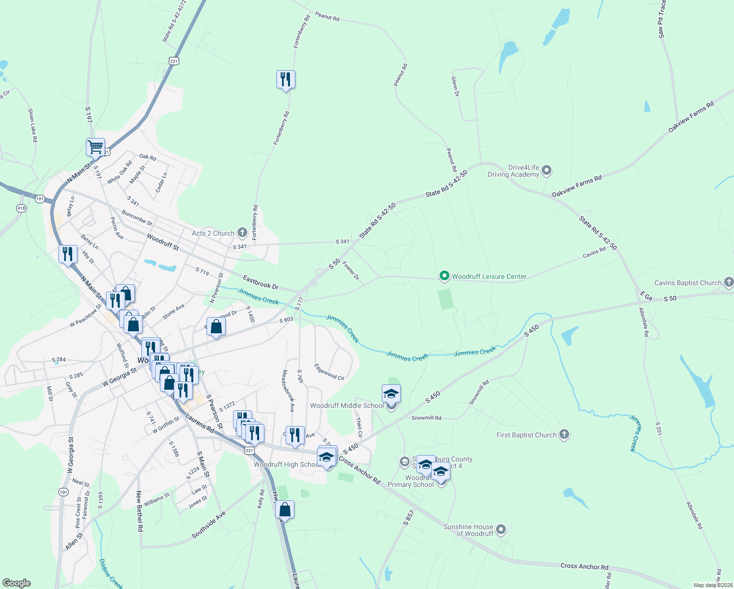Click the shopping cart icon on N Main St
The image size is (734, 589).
95,147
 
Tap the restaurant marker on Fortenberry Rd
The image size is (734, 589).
286,79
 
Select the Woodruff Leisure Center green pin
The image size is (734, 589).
444,276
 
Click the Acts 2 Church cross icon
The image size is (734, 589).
242,233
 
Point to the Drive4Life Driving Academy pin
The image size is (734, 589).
547,171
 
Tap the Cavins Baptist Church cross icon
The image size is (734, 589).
729,282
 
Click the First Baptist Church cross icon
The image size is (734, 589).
564,434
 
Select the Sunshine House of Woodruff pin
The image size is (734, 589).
501,530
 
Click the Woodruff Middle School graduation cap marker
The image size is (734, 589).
391,394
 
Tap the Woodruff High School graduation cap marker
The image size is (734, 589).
327,457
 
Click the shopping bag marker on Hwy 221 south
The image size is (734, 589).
285,510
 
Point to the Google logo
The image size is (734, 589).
16,583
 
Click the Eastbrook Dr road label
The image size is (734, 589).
261,283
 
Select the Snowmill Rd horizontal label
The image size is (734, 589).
426,418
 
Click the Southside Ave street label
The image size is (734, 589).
209,525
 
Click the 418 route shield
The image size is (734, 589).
21,208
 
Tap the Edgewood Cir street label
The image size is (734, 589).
329,372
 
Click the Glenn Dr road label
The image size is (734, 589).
455,86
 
